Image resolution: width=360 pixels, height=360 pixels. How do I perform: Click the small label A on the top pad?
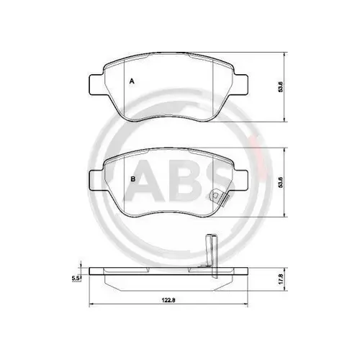click(x=131, y=82)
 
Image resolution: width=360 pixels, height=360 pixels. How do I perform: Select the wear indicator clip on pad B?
click(x=217, y=197)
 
